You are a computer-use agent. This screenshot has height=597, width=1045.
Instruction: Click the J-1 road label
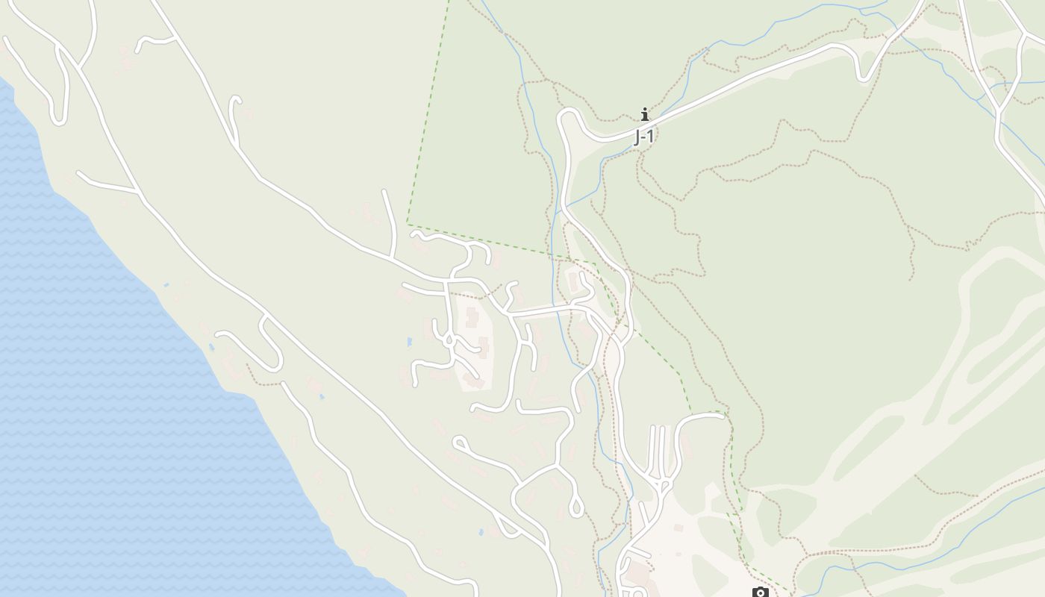tap(643, 137)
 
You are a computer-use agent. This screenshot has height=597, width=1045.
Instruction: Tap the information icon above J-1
tap(645, 114)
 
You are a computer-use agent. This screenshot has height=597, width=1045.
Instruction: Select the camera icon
tap(760, 593)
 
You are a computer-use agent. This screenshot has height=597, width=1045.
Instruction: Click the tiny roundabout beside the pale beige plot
tap(449, 340)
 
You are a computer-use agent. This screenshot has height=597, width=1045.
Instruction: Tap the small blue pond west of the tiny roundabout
tap(409, 342)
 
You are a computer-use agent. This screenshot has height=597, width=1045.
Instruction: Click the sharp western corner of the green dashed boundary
tap(408, 223)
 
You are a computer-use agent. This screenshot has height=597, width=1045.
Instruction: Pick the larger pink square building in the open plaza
tap(678, 528)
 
